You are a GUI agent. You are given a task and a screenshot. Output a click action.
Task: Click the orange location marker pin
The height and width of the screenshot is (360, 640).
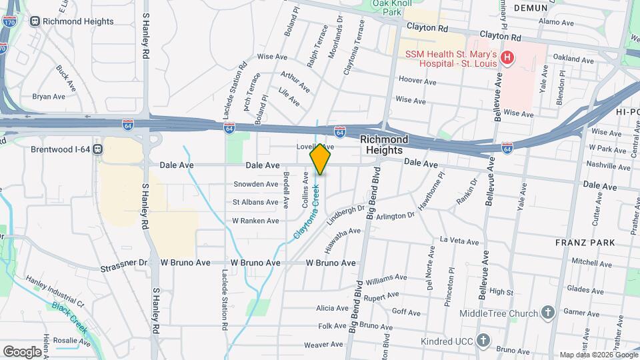pos(320,159)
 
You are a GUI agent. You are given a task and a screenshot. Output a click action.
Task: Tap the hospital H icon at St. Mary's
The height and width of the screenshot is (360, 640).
pos(508,58)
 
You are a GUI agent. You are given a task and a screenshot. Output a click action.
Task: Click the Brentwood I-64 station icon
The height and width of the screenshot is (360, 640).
pos(98,149)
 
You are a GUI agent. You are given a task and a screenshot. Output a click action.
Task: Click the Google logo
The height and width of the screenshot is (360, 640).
pos(22,351)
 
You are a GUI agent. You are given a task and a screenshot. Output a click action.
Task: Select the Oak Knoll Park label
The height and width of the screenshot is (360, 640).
pos(387,7)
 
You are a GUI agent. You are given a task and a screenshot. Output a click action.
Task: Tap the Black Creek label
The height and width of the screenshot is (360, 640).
pos(69,317)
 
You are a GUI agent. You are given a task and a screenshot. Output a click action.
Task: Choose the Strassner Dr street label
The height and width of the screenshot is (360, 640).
pos(123,263)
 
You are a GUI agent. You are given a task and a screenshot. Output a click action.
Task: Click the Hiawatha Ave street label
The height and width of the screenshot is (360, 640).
pos(343,239)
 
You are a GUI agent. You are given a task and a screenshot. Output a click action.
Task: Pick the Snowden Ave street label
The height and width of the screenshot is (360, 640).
pos(255,185)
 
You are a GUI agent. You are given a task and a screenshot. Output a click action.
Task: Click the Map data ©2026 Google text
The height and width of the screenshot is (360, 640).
pos(598,355)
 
